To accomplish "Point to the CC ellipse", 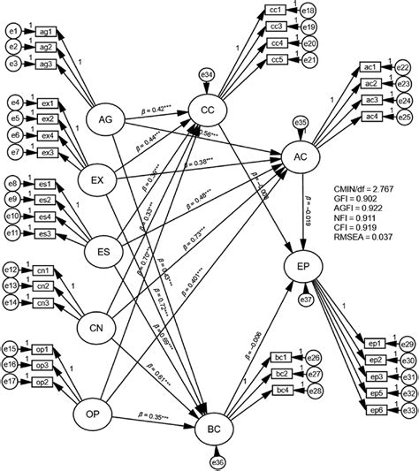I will pos(209,110).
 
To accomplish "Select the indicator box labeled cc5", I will pos(277,59).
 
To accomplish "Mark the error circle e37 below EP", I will pos(306,300).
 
